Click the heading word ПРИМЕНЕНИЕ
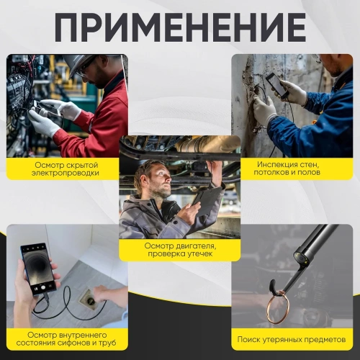[x=180, y=27]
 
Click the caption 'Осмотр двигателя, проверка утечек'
[x=179, y=250]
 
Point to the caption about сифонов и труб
[x=66, y=339]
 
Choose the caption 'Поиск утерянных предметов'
[x=292, y=339]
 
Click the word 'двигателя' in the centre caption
[x=194, y=245]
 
